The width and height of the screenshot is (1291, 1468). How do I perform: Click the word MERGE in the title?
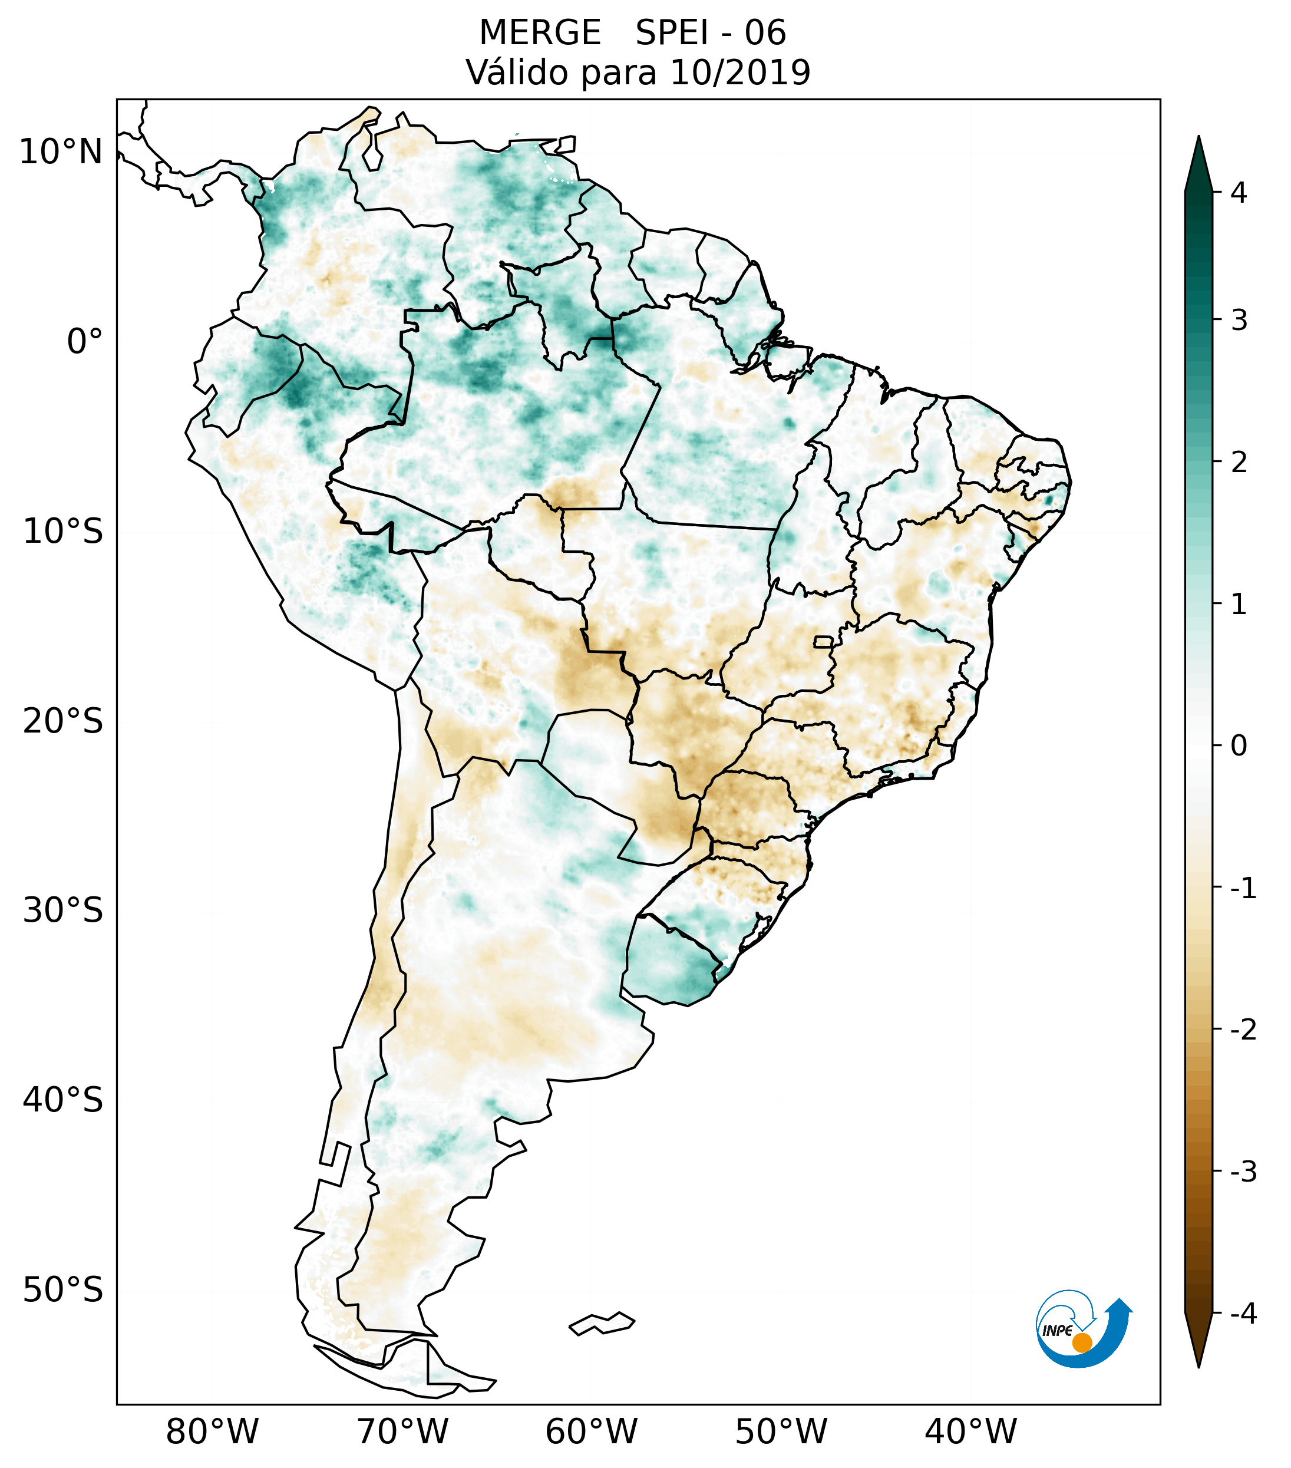pyautogui.click(x=540, y=33)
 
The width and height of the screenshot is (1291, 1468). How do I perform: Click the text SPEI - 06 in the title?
pyautogui.click(x=711, y=33)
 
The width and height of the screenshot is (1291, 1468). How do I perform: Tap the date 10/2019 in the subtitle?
pyautogui.click(x=740, y=72)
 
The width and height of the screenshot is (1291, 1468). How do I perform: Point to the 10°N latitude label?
pyautogui.click(x=61, y=152)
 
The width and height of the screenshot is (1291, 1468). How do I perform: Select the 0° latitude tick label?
pyautogui.click(x=85, y=342)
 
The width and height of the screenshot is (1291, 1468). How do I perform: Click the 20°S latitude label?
pyautogui.click(x=63, y=721)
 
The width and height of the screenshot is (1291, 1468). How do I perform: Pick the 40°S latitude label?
pyautogui.click(x=63, y=1100)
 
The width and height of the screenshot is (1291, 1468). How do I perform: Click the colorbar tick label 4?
pyautogui.click(x=1239, y=193)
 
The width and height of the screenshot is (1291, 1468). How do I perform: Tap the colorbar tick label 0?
pyautogui.click(x=1239, y=746)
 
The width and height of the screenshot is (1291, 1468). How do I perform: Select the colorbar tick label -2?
pyautogui.click(x=1243, y=1031)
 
